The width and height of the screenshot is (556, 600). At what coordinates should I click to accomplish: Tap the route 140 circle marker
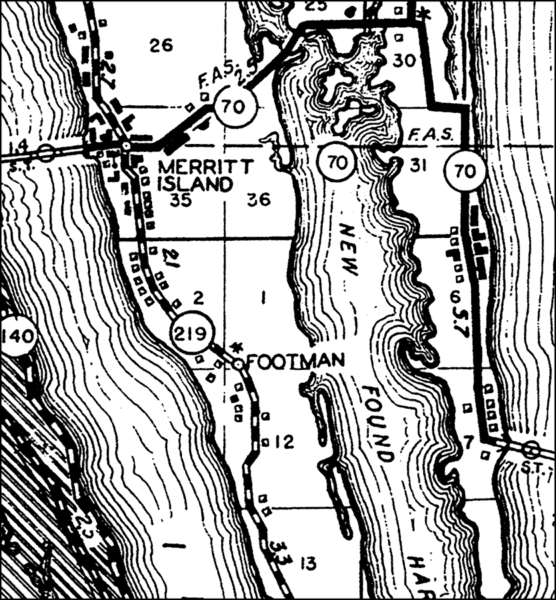click(17, 335)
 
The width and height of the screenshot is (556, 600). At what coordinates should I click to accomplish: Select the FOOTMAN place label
click(295, 362)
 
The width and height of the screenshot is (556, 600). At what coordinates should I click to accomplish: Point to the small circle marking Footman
click(238, 363)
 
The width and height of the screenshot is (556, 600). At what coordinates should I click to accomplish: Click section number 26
click(161, 45)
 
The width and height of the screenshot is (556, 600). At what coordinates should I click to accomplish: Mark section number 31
click(417, 165)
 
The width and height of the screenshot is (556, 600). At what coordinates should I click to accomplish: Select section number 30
click(403, 61)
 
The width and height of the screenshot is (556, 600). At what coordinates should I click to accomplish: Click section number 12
click(284, 442)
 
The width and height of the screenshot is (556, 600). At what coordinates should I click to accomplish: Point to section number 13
click(307, 564)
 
